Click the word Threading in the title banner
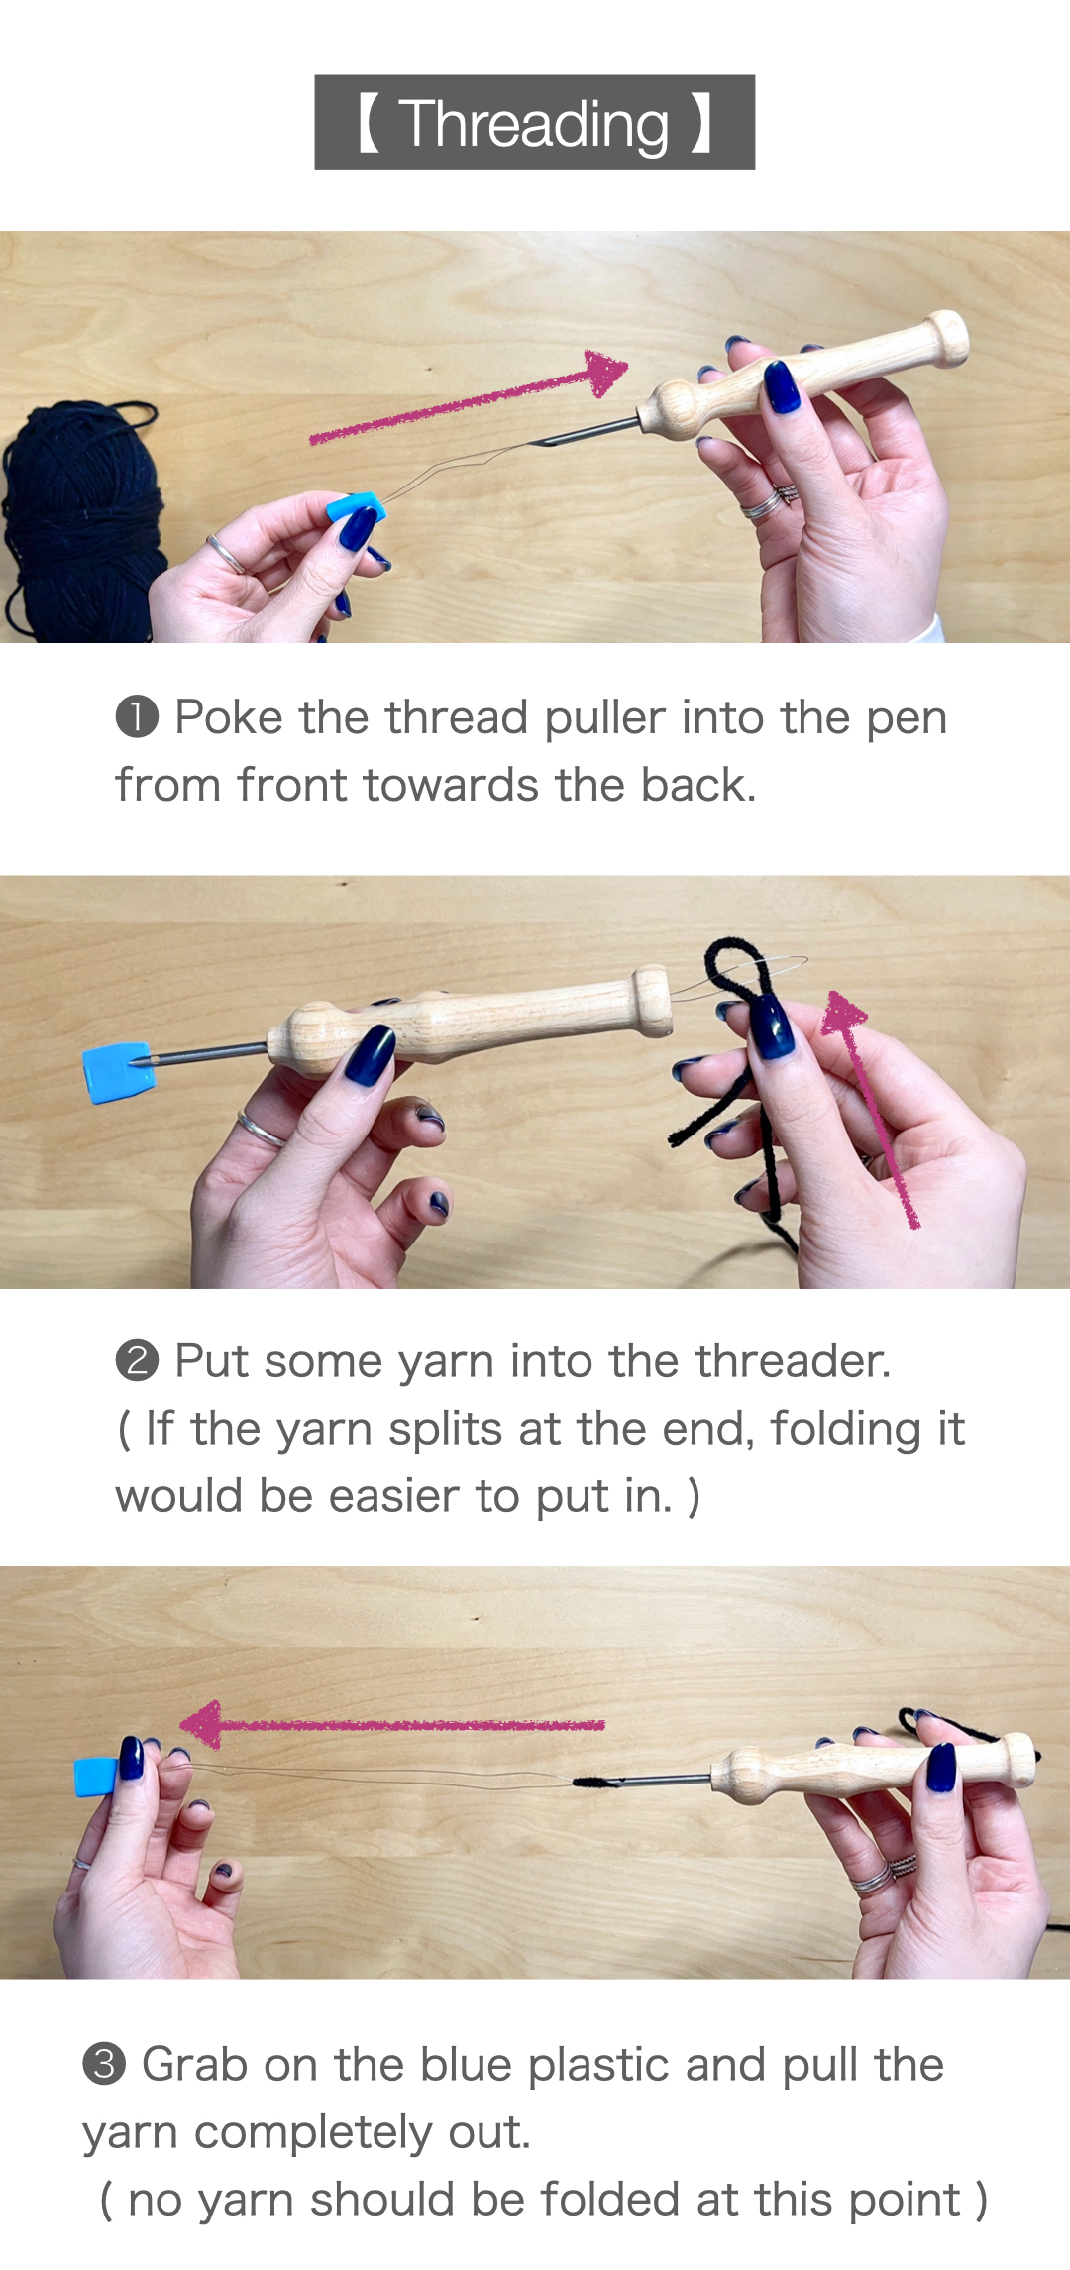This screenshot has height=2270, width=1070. (x=534, y=125)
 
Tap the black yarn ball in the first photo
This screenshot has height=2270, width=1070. (x=79, y=520)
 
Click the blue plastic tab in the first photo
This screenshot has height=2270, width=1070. (x=354, y=507)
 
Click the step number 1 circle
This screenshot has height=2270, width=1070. (x=137, y=717)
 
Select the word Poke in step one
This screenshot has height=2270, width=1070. (x=229, y=717)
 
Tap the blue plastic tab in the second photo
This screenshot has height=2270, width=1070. (x=118, y=1072)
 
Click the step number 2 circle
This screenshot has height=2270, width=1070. (x=137, y=1360)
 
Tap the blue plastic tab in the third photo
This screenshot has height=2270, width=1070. (x=97, y=1777)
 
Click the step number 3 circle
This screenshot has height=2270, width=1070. (x=104, y=2065)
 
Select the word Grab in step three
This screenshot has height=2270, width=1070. (x=194, y=2065)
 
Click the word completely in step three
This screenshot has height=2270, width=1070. (x=313, y=2132)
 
